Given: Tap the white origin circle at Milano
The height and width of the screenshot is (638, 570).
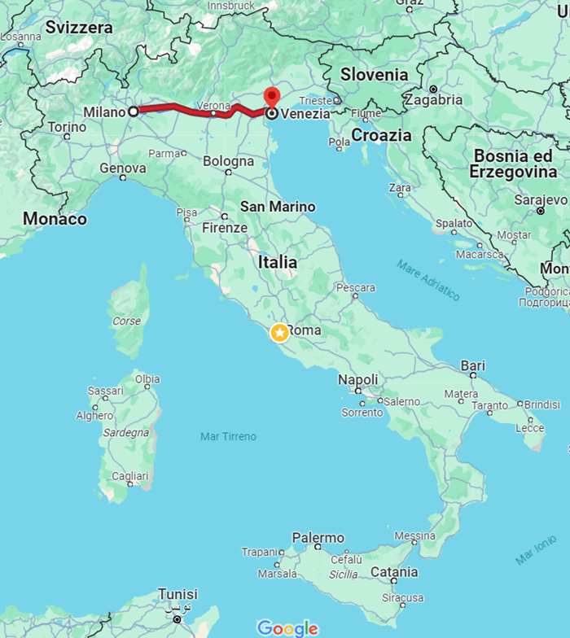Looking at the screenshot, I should point(134,111).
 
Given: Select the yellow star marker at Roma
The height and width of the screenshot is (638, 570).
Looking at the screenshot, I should point(279,332).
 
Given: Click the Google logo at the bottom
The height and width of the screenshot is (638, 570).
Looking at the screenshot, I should point(287,627).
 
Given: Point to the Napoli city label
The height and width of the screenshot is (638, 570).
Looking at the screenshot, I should point(358,380).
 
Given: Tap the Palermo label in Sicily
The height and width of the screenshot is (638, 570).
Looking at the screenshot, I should point(318,538).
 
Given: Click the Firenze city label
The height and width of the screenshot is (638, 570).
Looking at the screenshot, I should point(224,228).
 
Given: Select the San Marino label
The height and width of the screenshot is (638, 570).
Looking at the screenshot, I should point(277,207).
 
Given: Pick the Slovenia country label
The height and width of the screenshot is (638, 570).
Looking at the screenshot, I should point(374,74).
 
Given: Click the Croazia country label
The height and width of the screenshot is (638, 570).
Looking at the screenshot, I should point(381,135).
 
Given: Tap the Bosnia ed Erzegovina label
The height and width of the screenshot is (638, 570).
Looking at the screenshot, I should point(514,164).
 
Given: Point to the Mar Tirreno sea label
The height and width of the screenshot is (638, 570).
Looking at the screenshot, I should point(228,437).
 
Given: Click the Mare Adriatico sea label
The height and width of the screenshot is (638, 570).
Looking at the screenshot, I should point(428,280).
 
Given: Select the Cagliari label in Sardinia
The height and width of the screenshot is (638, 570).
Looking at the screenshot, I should point(130,476).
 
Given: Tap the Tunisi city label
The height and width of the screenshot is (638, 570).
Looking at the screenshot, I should point(178,594).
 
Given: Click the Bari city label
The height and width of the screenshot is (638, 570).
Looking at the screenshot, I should point(473,366).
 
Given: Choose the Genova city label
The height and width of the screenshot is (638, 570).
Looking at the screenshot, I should point(123,168).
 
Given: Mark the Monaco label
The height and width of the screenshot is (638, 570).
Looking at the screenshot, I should point(55,219).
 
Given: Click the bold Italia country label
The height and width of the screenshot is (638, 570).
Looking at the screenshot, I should point(277,263).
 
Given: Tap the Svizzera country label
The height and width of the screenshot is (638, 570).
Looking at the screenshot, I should point(79,28).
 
